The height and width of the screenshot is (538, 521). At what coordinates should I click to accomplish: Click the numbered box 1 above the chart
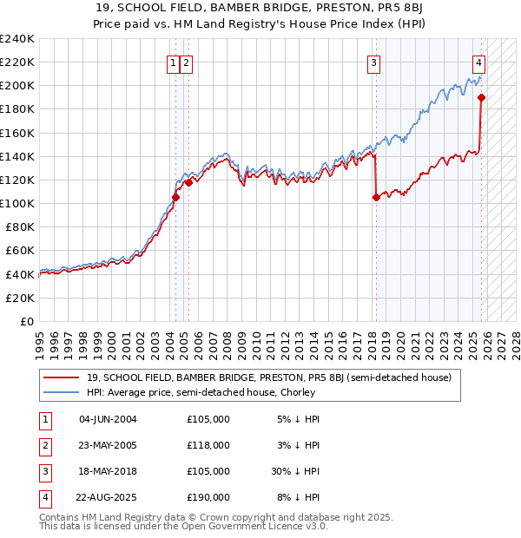click(x=174, y=62)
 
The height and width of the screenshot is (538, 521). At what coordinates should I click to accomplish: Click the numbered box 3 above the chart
click(x=373, y=62)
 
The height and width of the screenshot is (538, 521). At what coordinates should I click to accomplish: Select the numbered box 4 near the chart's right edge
click(x=479, y=62)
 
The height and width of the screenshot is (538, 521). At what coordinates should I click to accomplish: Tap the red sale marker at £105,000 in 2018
click(x=376, y=197)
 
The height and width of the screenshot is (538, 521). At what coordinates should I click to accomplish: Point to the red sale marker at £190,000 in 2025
click(x=482, y=97)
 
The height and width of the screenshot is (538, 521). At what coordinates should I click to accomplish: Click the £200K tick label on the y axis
click(x=17, y=86)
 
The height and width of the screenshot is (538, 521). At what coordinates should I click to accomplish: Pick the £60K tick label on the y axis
click(x=20, y=251)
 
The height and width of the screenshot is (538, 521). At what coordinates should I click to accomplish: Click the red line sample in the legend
click(x=62, y=377)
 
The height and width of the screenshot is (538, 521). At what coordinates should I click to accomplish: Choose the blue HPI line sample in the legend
click(x=62, y=392)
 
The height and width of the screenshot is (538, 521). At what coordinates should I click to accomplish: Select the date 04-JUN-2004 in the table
click(x=108, y=419)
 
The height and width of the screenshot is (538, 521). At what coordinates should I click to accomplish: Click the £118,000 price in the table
click(x=208, y=445)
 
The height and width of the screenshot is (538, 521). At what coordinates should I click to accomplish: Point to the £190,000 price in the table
click(x=208, y=497)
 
